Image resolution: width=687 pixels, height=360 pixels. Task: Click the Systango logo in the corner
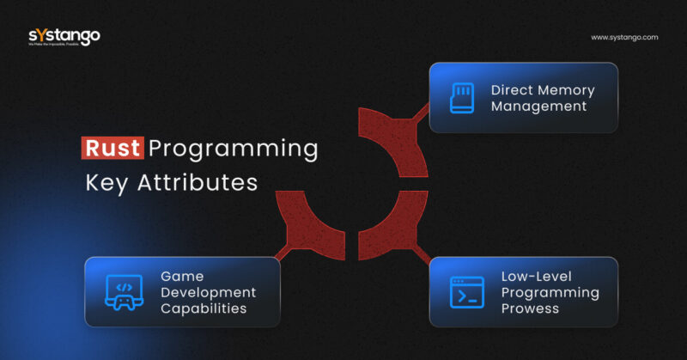tap(64, 37)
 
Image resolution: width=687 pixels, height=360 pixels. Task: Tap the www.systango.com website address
tap(624, 38)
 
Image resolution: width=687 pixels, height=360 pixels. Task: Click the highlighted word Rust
tap(112, 148)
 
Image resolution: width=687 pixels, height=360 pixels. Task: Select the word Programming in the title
tap(233, 149)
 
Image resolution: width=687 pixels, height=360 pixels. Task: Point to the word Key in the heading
tap(110, 183)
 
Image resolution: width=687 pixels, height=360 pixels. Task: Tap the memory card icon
tap(462, 98)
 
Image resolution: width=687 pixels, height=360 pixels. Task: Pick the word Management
tap(538, 107)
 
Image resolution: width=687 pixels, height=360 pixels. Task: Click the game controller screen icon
tap(124, 292)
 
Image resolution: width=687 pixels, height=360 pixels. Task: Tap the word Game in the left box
tap(180, 276)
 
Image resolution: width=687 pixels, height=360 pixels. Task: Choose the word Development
tap(208, 292)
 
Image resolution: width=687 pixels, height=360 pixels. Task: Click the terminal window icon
tap(467, 292)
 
